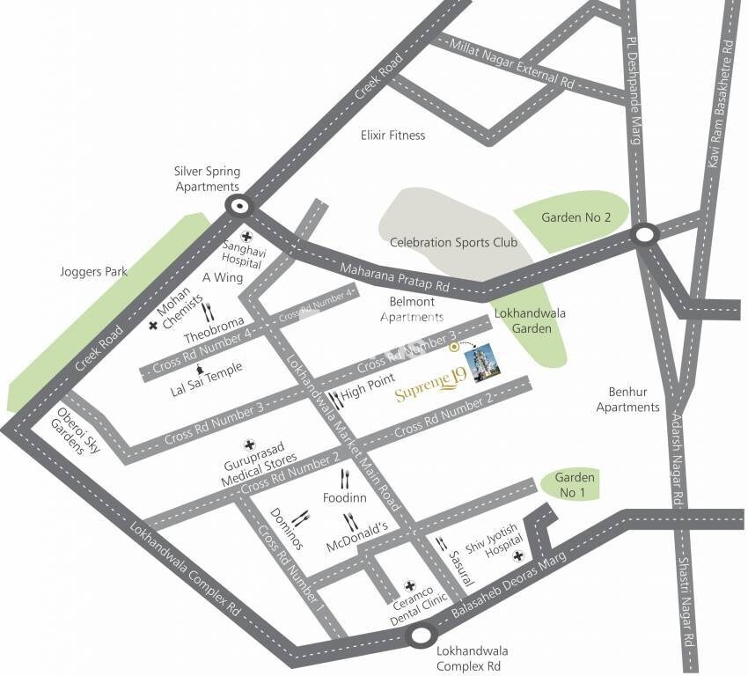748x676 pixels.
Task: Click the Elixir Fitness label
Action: (392, 136)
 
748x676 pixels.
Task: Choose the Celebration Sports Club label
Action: (453, 243)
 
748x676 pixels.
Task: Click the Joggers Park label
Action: (93, 272)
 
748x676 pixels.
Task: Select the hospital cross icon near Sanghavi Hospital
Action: (247, 236)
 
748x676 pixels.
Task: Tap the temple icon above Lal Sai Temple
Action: (202, 369)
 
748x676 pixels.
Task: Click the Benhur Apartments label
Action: (627, 400)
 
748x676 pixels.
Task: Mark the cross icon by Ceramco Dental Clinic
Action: (409, 585)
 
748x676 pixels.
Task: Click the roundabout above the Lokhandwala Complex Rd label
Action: (423, 633)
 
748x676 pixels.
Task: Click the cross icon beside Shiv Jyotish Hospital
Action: (519, 555)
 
